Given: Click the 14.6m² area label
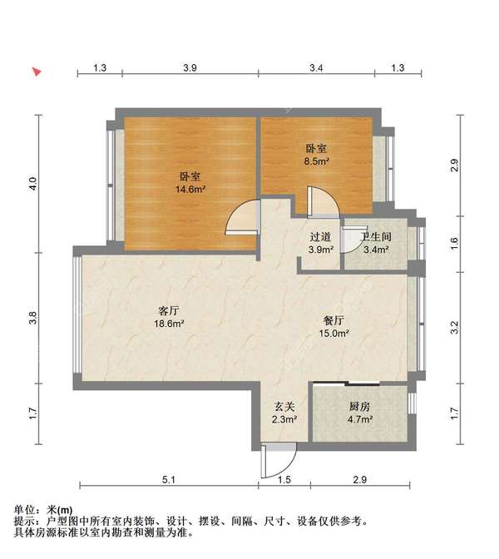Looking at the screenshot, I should [190, 190].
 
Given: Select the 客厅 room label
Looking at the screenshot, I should [170, 310].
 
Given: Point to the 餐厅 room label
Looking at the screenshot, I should [335, 320].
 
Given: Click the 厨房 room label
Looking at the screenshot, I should [359, 408].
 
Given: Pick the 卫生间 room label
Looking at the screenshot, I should [376, 236].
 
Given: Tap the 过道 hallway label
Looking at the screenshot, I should [320, 236].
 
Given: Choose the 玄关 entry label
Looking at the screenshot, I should [284, 408].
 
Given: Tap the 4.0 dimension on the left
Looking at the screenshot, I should [32, 182].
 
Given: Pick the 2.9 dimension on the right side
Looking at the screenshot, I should [454, 165].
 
